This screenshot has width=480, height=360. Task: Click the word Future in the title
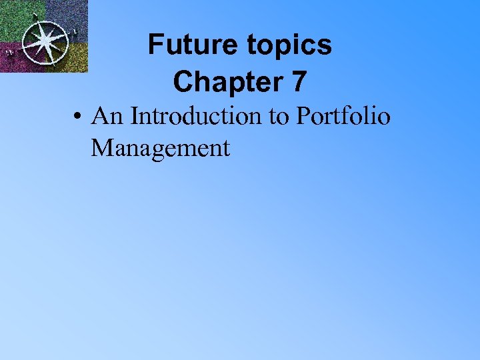point(182,45)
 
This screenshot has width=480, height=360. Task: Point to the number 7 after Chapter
point(299,81)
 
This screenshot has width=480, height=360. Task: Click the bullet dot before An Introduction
point(78,117)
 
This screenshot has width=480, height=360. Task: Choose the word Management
point(160,148)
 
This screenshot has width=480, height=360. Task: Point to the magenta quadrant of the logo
point(17,59)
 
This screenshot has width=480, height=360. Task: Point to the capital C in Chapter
point(182,81)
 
